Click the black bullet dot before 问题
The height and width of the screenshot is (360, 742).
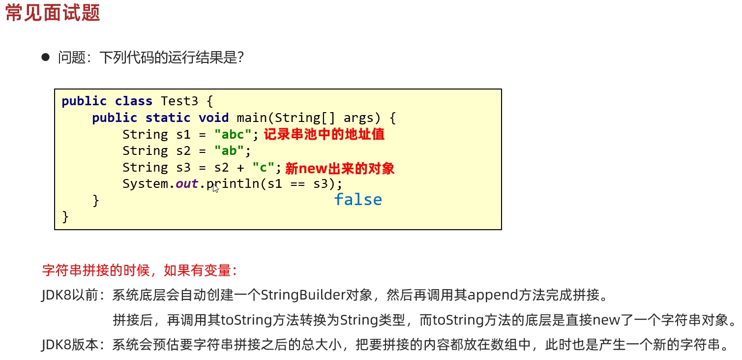[46, 58]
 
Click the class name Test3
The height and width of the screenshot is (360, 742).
[179, 101]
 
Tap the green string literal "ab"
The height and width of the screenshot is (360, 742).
[229, 151]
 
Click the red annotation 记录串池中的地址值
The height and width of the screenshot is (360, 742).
[324, 134]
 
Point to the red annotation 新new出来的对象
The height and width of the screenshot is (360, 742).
[340, 169]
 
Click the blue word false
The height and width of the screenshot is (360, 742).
[357, 200]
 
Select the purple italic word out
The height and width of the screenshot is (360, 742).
[187, 184]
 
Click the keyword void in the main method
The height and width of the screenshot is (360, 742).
[213, 118]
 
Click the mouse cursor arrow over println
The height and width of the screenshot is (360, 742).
[215, 188]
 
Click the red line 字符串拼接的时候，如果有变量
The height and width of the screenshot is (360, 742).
[140, 270]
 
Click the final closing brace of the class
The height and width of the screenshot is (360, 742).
[65, 217]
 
